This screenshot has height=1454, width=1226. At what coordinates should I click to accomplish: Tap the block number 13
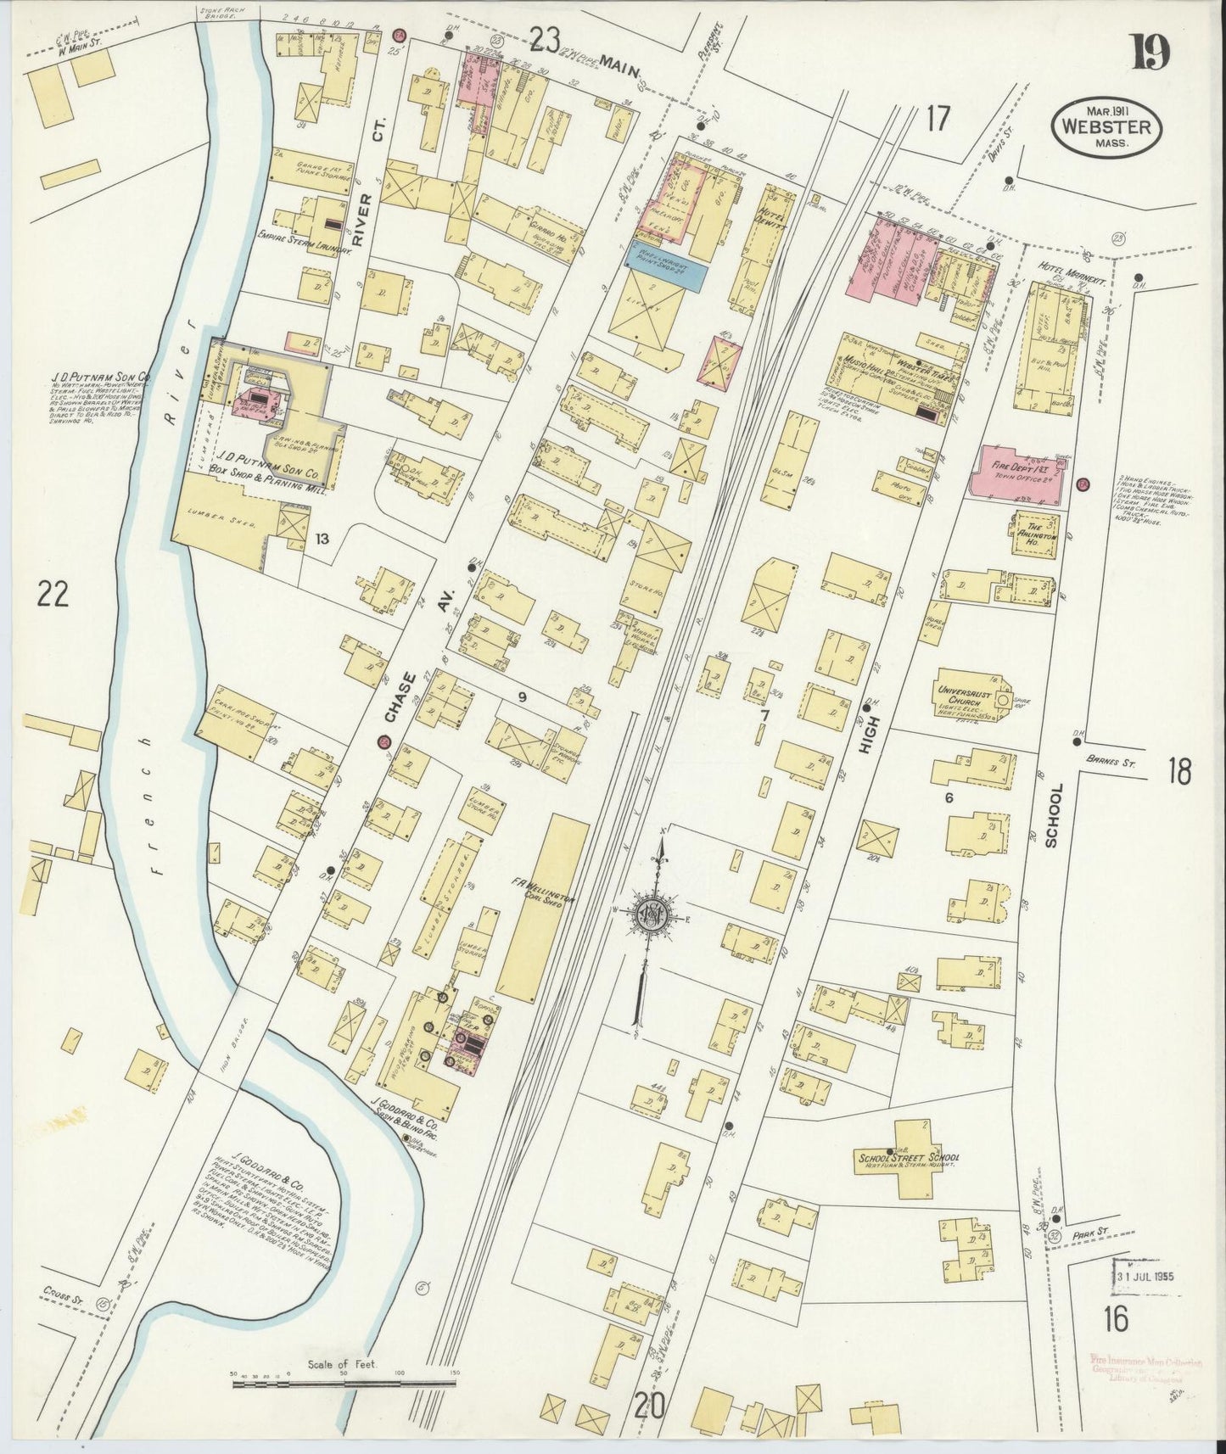[x=322, y=538]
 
